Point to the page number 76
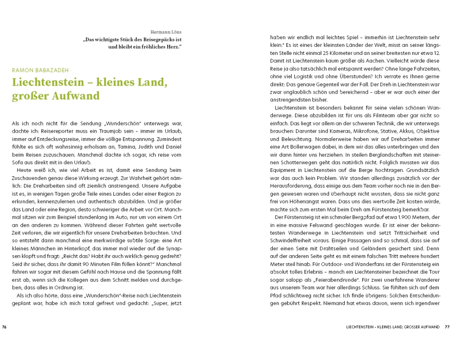[4, 326]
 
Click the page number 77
[447, 326]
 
